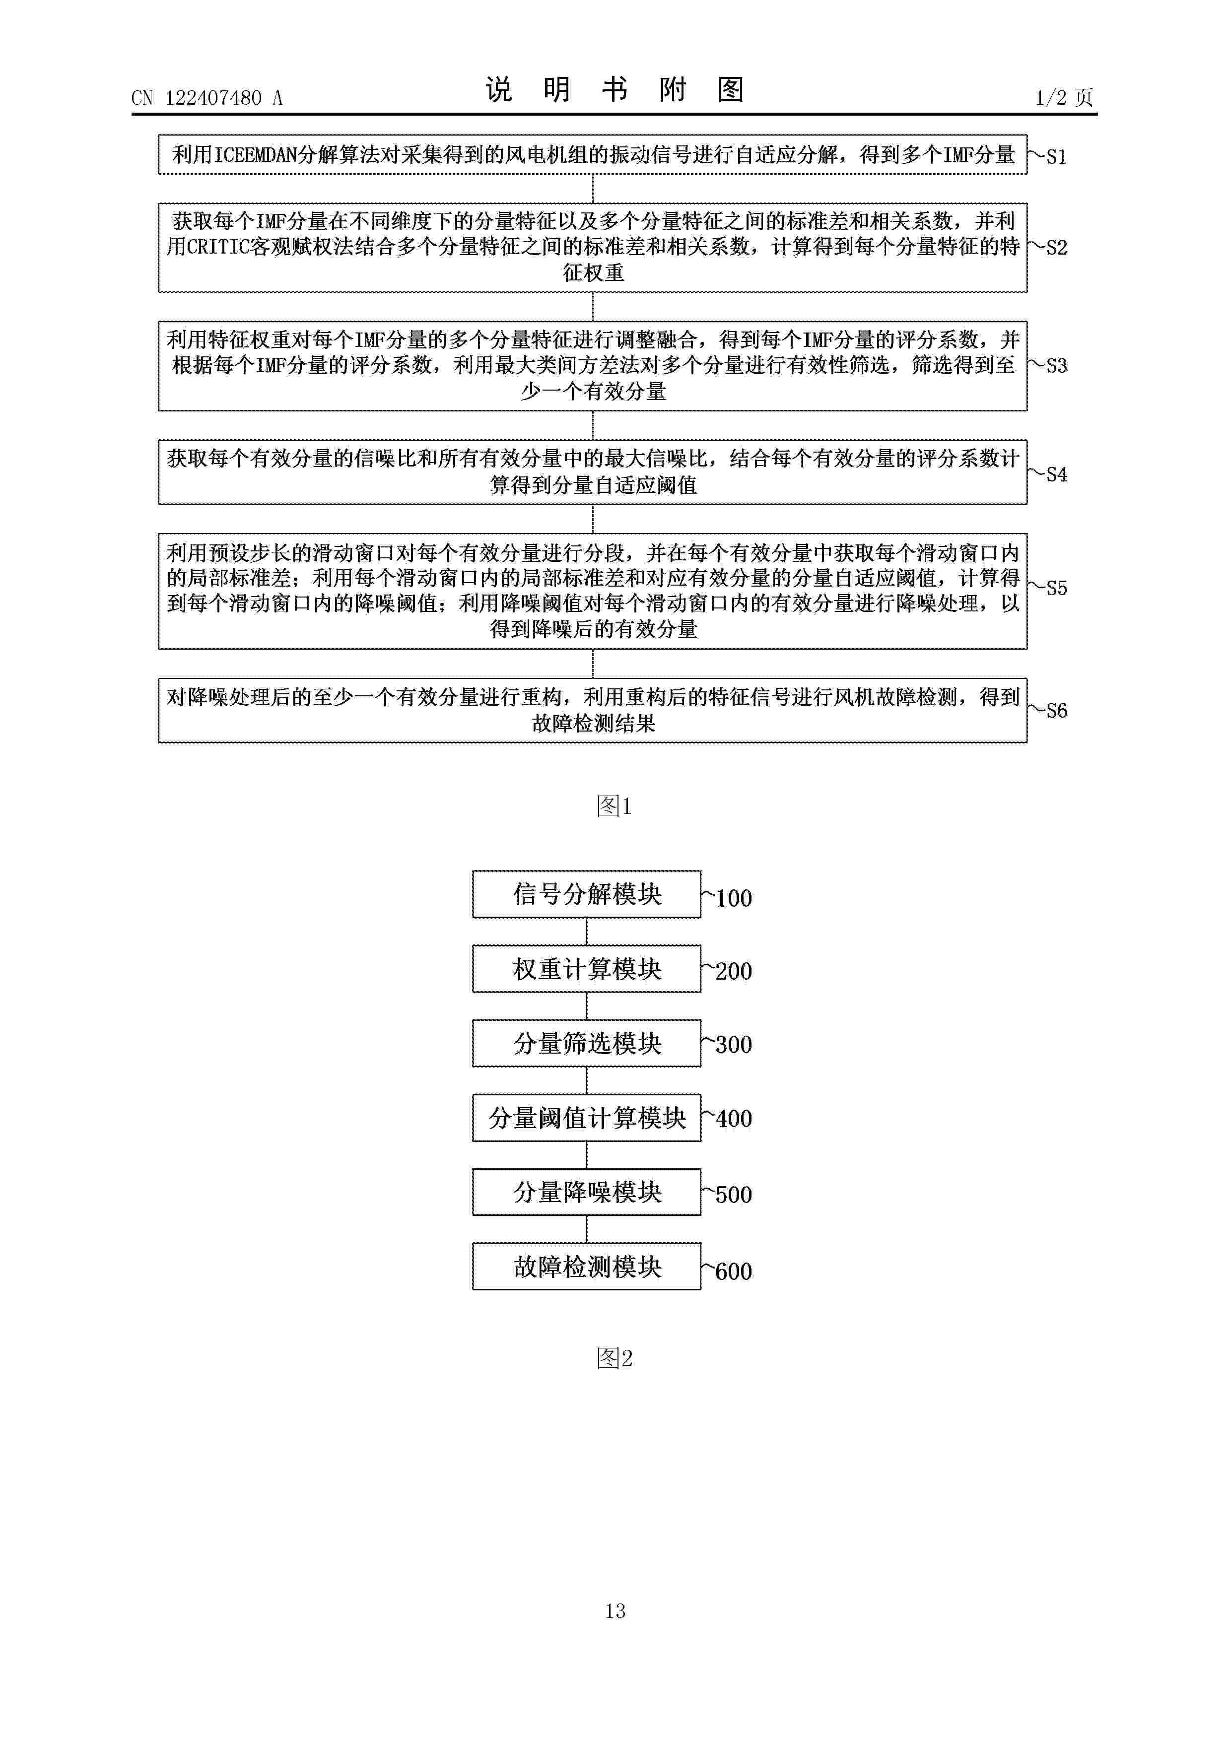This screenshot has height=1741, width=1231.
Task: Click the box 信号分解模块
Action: pyautogui.click(x=586, y=894)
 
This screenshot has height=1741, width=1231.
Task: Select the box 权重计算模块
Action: pyautogui.click(x=586, y=968)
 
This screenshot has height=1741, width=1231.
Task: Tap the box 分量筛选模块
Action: pyautogui.click(x=586, y=1043)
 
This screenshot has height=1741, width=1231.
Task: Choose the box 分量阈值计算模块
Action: pyautogui.click(x=586, y=1118)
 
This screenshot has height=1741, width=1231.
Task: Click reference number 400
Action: pyautogui.click(x=734, y=1119)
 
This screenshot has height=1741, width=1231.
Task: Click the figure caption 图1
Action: pyautogui.click(x=615, y=805)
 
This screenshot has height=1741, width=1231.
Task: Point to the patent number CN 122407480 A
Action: pyautogui.click(x=207, y=98)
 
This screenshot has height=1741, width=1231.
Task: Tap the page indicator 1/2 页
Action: pyautogui.click(x=1064, y=97)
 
